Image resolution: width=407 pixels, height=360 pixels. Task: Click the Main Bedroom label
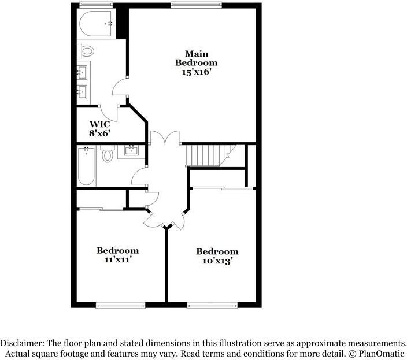[x=197, y=58]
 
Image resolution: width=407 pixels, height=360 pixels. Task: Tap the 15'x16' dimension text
[x=197, y=72]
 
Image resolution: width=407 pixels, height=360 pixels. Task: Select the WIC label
[x=99, y=124]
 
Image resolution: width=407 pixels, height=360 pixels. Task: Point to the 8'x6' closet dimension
[x=99, y=132]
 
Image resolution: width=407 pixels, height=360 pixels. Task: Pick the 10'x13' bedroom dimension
[x=217, y=261]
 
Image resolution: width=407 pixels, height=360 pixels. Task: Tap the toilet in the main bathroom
[x=87, y=51]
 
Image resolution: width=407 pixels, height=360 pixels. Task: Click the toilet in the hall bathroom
[x=108, y=155]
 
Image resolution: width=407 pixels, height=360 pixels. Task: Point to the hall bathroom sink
[x=131, y=152]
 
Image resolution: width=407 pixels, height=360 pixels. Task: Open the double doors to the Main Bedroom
[x=165, y=139]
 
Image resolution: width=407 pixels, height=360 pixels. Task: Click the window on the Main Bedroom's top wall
[x=196, y=5]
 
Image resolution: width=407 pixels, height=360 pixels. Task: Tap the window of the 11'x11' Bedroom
[x=120, y=305]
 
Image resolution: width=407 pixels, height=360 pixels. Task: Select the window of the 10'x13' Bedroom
[x=212, y=305]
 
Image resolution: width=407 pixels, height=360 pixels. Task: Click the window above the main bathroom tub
[x=95, y=5]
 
